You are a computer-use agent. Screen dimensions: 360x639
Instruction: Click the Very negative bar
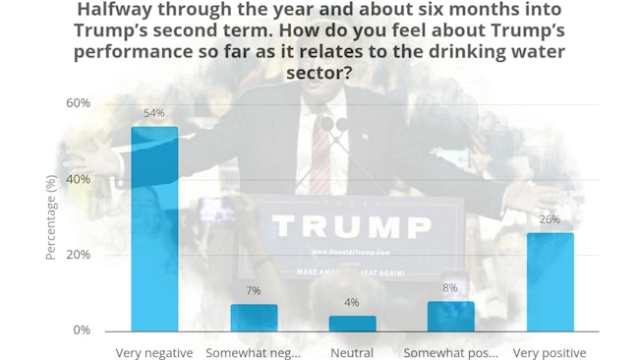click(155, 228)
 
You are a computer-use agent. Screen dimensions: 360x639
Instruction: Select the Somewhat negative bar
click(254, 318)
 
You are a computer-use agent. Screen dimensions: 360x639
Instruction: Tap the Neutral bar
click(352, 324)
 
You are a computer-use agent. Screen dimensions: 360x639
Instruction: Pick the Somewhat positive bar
click(451, 316)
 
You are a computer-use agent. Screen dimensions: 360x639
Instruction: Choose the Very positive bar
click(550, 281)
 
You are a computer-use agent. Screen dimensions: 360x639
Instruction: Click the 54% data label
click(154, 113)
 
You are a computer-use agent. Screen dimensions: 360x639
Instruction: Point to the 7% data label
click(254, 291)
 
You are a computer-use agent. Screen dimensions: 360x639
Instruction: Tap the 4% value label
click(352, 303)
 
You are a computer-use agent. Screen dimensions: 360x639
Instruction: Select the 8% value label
click(451, 288)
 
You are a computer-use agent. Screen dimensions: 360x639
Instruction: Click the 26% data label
click(550, 219)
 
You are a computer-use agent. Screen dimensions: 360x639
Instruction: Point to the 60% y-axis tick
click(78, 103)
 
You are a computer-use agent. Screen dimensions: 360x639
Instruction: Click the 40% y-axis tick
click(78, 179)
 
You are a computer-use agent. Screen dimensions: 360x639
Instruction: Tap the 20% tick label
click(78, 255)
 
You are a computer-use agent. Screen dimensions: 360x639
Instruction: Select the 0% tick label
click(82, 330)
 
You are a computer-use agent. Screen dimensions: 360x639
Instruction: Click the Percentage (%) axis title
click(51, 216)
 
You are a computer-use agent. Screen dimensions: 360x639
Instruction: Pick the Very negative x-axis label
click(154, 353)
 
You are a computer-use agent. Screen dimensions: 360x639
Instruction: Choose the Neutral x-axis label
click(352, 353)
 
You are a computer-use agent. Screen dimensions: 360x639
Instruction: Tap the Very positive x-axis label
click(550, 353)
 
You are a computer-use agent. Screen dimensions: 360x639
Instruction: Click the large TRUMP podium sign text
click(337, 227)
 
